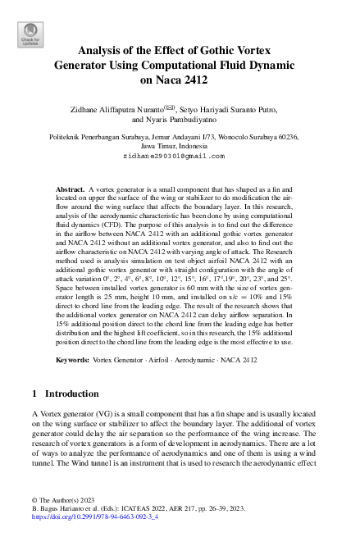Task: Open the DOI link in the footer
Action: click(x=94, y=518)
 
